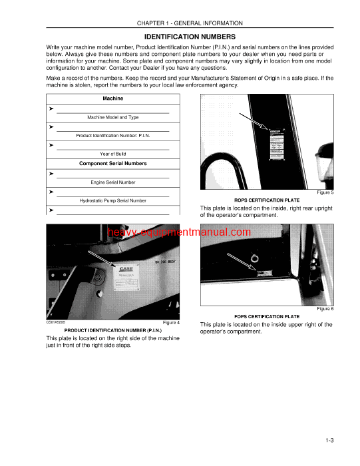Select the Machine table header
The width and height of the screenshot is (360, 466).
click(x=112, y=99)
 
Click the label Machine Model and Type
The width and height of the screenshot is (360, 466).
click(x=112, y=117)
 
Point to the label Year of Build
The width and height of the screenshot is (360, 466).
click(x=112, y=154)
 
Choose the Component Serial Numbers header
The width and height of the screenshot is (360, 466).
click(x=112, y=163)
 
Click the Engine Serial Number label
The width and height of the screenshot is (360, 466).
click(x=112, y=182)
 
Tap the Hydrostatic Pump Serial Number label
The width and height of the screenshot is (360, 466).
click(x=112, y=200)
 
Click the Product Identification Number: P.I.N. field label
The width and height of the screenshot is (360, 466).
click(x=112, y=135)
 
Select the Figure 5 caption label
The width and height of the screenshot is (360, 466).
click(x=324, y=192)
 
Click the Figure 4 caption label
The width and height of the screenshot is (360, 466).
click(x=171, y=322)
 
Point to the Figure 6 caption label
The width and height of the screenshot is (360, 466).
click(x=324, y=309)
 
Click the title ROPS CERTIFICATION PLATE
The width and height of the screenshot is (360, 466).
click(x=266, y=200)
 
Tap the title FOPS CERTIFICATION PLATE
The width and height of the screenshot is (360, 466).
click(x=266, y=316)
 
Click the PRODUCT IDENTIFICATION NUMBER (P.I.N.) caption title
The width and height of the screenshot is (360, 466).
click(x=112, y=330)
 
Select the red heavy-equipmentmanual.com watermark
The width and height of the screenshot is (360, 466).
click(x=180, y=232)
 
